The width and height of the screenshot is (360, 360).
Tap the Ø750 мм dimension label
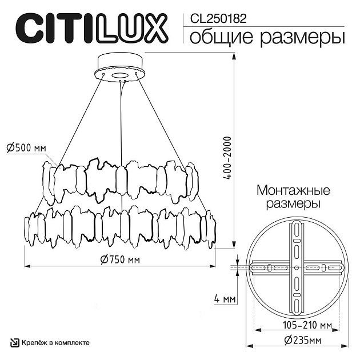click(120, 259)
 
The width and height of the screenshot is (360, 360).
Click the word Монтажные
click(294, 190)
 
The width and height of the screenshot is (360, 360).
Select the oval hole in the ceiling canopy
click(121, 75)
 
